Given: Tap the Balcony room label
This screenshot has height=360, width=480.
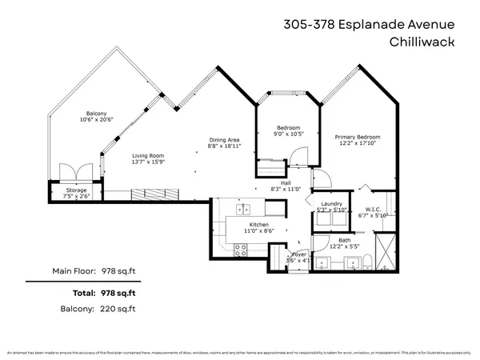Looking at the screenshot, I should [97, 114].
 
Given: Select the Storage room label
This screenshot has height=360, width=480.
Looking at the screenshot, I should [77, 189].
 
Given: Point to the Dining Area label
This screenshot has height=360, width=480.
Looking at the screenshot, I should [224, 140].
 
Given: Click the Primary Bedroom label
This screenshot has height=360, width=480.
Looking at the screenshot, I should [357, 138].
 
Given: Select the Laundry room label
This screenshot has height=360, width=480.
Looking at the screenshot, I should [330, 205].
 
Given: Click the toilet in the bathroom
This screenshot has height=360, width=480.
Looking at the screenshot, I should [366, 260].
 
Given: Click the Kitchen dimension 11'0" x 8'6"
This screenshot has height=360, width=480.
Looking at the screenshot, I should [257, 230].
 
